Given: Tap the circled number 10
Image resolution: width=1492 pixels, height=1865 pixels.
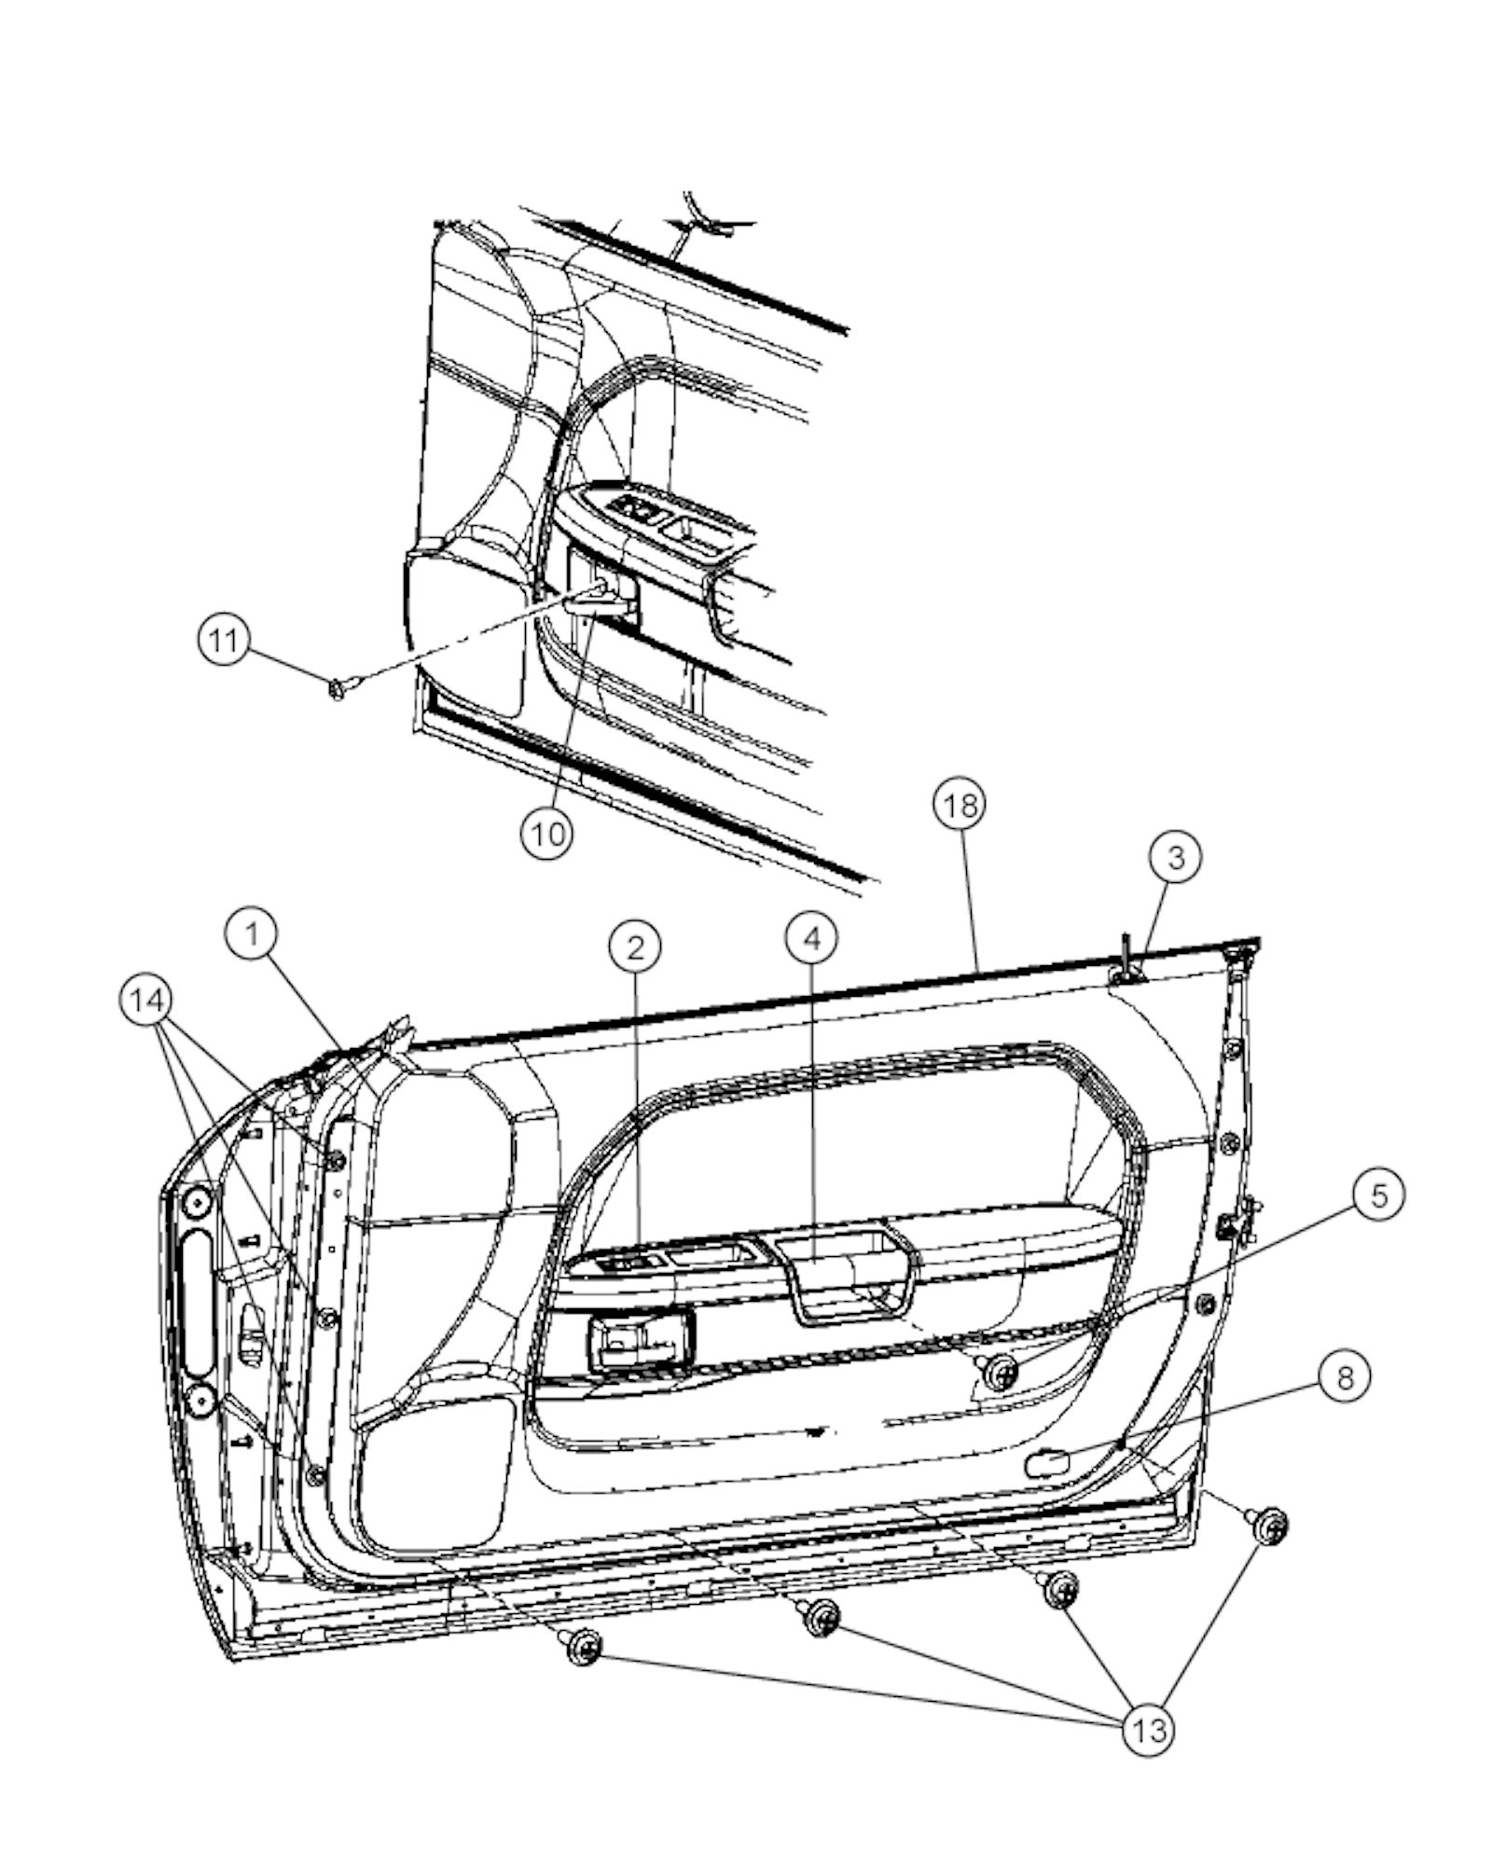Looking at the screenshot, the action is [x=546, y=833].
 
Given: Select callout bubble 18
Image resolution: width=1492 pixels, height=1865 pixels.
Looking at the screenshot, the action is [x=960, y=805].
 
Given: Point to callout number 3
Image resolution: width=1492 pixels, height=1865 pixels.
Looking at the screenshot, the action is [x=1175, y=856].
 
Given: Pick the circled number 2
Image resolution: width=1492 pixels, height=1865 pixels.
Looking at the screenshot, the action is [x=635, y=947].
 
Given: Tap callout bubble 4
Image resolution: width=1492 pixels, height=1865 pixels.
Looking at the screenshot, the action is [x=811, y=939].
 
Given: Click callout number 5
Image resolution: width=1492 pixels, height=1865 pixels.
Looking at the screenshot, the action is [x=1378, y=1196].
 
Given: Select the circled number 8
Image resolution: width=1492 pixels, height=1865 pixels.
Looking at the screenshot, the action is [x=1344, y=1376].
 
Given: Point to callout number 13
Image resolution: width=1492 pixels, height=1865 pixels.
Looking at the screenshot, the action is [x=1149, y=1731].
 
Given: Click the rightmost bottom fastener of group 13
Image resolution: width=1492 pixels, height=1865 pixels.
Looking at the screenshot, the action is [x=1270, y=1526].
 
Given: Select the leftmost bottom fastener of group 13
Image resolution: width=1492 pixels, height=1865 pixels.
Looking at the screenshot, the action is [x=584, y=1649].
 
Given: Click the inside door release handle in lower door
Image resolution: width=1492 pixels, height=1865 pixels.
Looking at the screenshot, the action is [x=638, y=1343].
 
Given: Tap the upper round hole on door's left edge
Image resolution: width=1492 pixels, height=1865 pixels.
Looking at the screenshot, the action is [x=196, y=1205].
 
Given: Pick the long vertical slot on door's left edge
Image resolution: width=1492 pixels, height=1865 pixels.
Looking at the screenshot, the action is [x=198, y=1303].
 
